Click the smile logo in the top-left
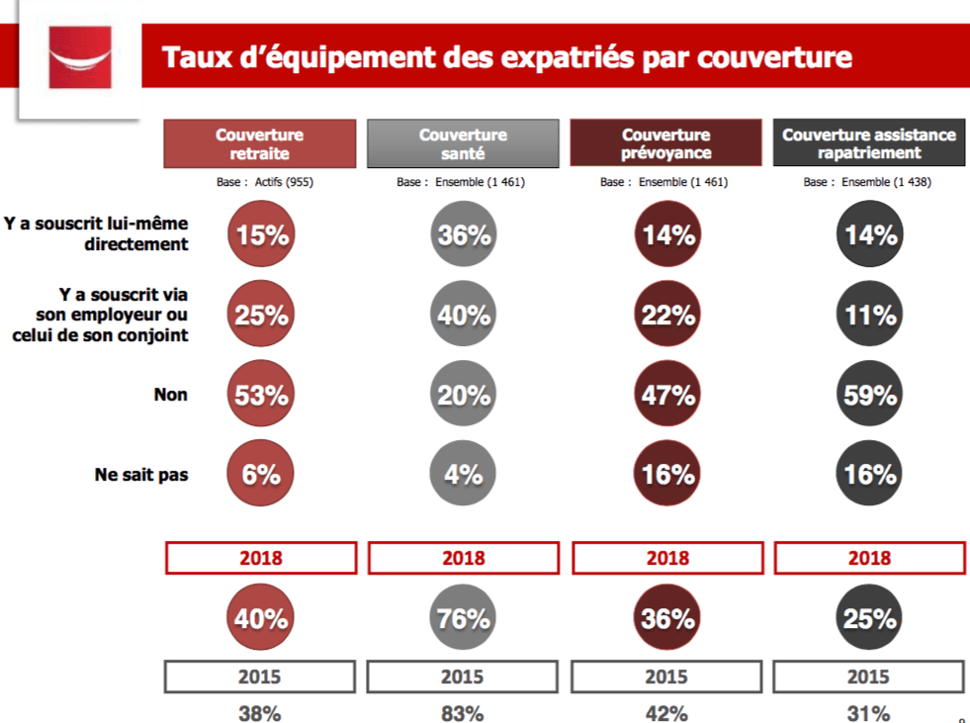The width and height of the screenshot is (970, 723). click(x=80, y=58)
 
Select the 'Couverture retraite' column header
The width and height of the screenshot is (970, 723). click(x=260, y=143)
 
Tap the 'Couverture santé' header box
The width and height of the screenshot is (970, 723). click(x=463, y=143)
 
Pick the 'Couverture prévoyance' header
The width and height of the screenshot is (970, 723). click(x=666, y=143)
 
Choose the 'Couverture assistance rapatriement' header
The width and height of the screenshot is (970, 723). click(x=869, y=143)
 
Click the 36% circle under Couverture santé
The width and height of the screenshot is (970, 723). click(x=463, y=235)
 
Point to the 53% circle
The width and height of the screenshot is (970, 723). click(x=261, y=396)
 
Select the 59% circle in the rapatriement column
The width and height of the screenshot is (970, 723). click(x=869, y=396)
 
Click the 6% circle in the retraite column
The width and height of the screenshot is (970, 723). click(x=261, y=475)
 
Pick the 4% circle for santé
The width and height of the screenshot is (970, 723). click(x=463, y=475)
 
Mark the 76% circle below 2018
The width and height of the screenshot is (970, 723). click(x=463, y=619)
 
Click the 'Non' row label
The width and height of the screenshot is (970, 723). click(x=170, y=395)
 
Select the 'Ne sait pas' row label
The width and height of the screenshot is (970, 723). click(x=141, y=475)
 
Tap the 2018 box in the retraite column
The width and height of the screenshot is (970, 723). click(x=261, y=559)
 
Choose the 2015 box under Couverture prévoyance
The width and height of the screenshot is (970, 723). click(x=666, y=678)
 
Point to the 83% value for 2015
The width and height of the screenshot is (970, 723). click(x=463, y=712)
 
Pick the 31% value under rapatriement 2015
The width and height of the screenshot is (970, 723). click(x=869, y=712)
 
